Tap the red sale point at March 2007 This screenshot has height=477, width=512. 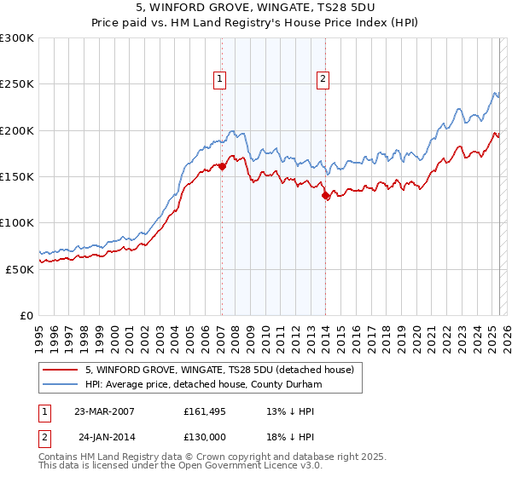[x=222, y=167]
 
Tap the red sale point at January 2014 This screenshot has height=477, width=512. [x=325, y=196]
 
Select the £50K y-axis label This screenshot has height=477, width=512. [x=20, y=269]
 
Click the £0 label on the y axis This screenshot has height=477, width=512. [x=26, y=315]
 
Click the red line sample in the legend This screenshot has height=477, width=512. [x=60, y=370]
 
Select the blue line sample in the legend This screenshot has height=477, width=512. [x=60, y=383]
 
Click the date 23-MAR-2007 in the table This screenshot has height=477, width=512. [x=105, y=411]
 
